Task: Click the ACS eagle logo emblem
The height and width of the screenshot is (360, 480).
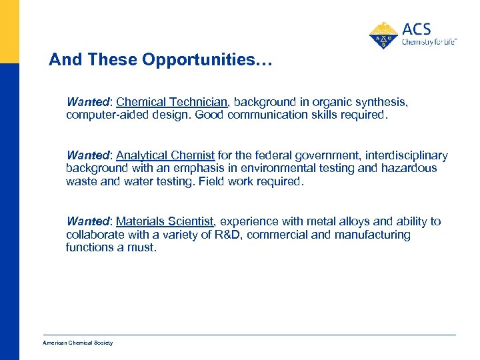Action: coord(383,35)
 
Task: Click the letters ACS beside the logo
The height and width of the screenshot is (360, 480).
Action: coord(417,29)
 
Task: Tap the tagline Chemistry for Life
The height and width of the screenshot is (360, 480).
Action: coord(429,42)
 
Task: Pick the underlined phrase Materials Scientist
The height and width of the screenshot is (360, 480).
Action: coord(165,221)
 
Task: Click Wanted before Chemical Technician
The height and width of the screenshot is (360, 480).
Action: coord(88,102)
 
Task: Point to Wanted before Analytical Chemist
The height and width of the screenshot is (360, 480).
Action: coord(88,155)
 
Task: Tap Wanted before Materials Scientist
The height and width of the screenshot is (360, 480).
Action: coord(88,221)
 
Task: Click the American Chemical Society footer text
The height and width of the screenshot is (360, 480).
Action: coord(78,343)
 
